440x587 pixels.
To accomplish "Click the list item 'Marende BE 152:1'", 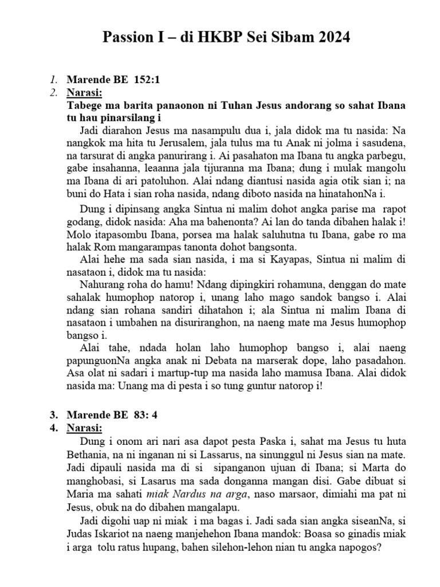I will click(113, 81).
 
